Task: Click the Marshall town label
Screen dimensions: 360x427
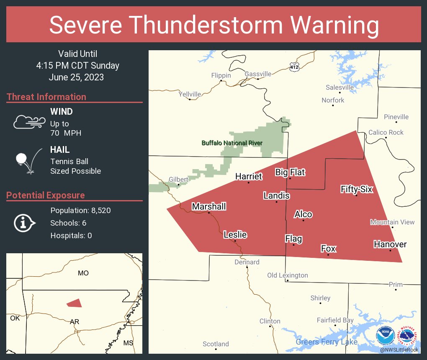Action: click(x=209, y=206)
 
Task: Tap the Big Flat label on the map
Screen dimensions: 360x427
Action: click(x=290, y=172)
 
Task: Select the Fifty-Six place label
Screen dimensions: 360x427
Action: click(x=356, y=189)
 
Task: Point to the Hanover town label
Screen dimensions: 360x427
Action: click(x=390, y=244)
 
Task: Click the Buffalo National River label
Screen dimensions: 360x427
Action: click(x=232, y=143)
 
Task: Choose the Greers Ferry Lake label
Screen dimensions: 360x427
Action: click(x=327, y=342)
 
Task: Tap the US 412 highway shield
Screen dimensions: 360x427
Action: click(x=294, y=66)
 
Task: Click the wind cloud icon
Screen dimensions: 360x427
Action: click(x=29, y=121)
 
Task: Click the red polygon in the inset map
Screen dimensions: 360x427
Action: click(x=75, y=303)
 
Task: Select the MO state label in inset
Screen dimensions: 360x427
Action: click(x=83, y=273)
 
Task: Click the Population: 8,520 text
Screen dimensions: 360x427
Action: click(x=80, y=211)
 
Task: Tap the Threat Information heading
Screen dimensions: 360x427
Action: click(x=46, y=97)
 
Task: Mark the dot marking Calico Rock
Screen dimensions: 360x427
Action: click(x=386, y=138)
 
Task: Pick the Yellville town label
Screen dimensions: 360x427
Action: click(x=190, y=94)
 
